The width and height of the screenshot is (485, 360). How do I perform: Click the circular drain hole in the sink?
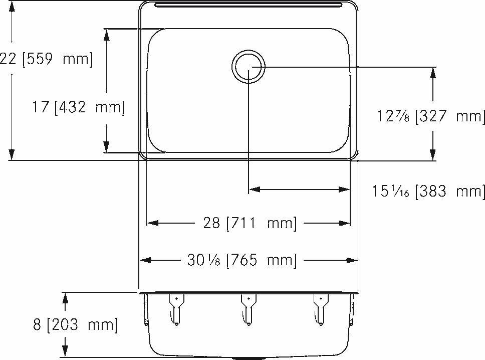coord(249,67)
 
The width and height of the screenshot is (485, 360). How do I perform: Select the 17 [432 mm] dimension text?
coord(78,107)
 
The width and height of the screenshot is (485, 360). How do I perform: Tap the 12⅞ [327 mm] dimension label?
coord(431,116)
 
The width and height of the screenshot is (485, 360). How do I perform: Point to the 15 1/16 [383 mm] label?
coord(428,191)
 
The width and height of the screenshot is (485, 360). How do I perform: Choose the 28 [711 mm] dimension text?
coord(250,223)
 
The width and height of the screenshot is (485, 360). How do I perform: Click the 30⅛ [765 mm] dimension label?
coord(242,260)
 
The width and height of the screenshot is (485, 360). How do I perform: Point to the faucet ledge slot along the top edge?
coord(249,6)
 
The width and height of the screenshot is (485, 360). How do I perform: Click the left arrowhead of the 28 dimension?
coord(151,223)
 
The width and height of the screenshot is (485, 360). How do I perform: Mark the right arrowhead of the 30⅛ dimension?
coord(353,260)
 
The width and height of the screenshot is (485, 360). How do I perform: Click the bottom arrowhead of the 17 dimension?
coord(106,147)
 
